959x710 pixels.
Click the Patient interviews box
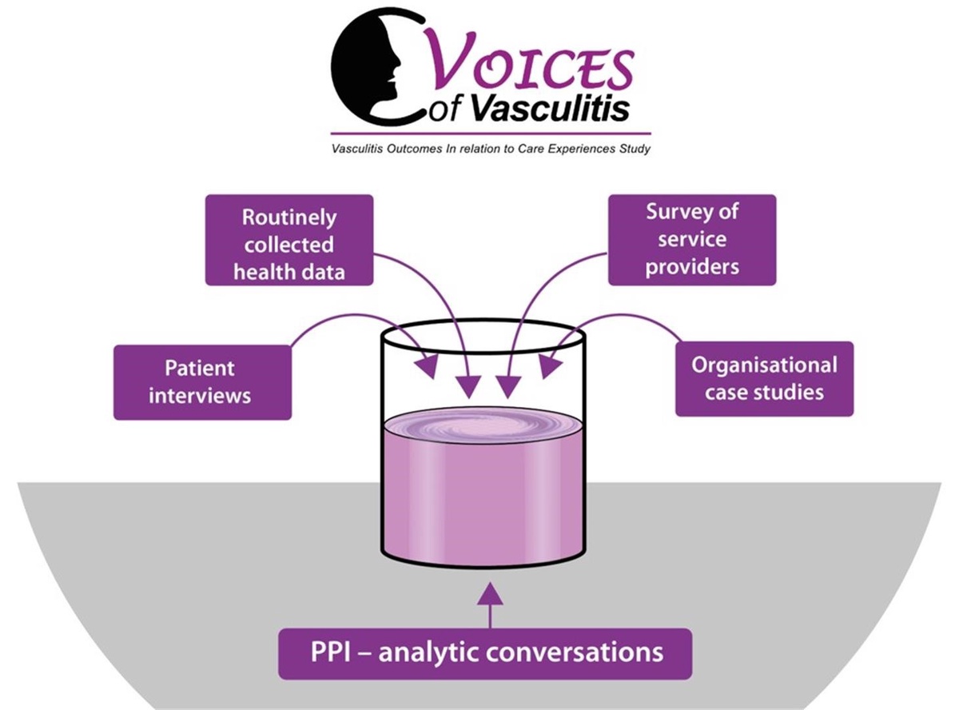202,382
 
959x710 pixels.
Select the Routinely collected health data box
289,240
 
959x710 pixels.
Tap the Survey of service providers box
692,240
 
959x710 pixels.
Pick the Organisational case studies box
764,379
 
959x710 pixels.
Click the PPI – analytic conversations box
485,652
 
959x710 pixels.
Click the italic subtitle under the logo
491,149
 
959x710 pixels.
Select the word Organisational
764,365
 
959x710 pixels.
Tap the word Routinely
289,217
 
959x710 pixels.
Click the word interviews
200,395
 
